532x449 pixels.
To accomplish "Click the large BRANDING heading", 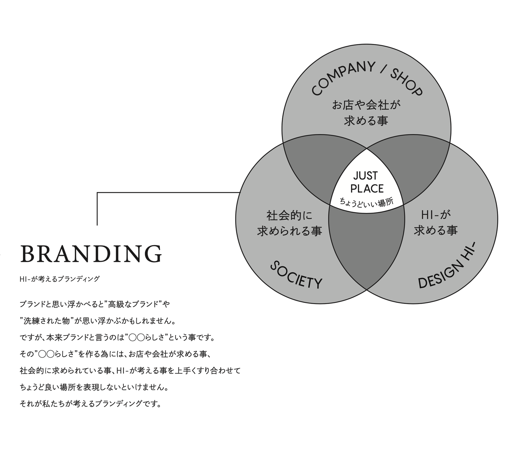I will [x=91, y=254].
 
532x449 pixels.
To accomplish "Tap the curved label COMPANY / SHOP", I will [x=366, y=79].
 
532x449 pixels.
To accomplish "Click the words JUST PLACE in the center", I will [x=366, y=182].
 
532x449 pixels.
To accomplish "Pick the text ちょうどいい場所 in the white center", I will [x=366, y=202].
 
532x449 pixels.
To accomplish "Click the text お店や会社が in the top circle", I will [x=366, y=105].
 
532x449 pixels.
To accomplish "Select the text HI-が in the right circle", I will [x=436, y=215].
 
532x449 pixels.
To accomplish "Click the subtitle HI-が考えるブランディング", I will [x=59, y=279].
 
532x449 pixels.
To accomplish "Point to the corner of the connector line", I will [x=97, y=193].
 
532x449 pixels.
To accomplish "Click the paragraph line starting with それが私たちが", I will [x=91, y=404].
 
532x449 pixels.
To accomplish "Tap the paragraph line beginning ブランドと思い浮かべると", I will [x=95, y=304].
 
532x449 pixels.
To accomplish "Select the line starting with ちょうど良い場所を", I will [x=95, y=387].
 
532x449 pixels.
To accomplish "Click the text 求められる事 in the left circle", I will [x=289, y=231].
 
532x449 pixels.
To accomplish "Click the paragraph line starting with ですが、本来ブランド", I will [x=117, y=337].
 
